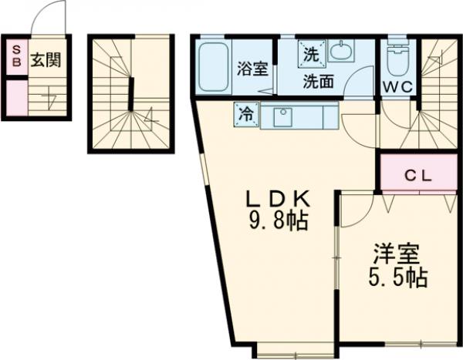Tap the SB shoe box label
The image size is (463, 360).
click(x=15, y=59)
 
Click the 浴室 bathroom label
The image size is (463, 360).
click(x=252, y=69)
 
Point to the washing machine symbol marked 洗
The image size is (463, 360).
click(x=310, y=54)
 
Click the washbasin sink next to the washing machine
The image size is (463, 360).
click(x=340, y=52)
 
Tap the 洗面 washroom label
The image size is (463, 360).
click(x=318, y=80)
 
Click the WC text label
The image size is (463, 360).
click(x=397, y=87)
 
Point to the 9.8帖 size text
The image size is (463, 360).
click(x=279, y=223)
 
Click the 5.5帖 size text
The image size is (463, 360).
click(x=397, y=278)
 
